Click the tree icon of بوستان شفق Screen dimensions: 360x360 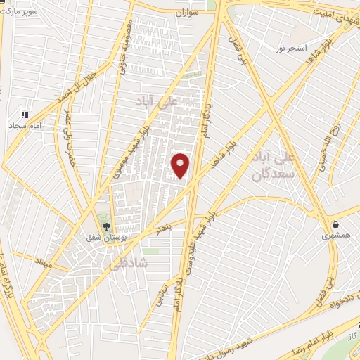106,226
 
